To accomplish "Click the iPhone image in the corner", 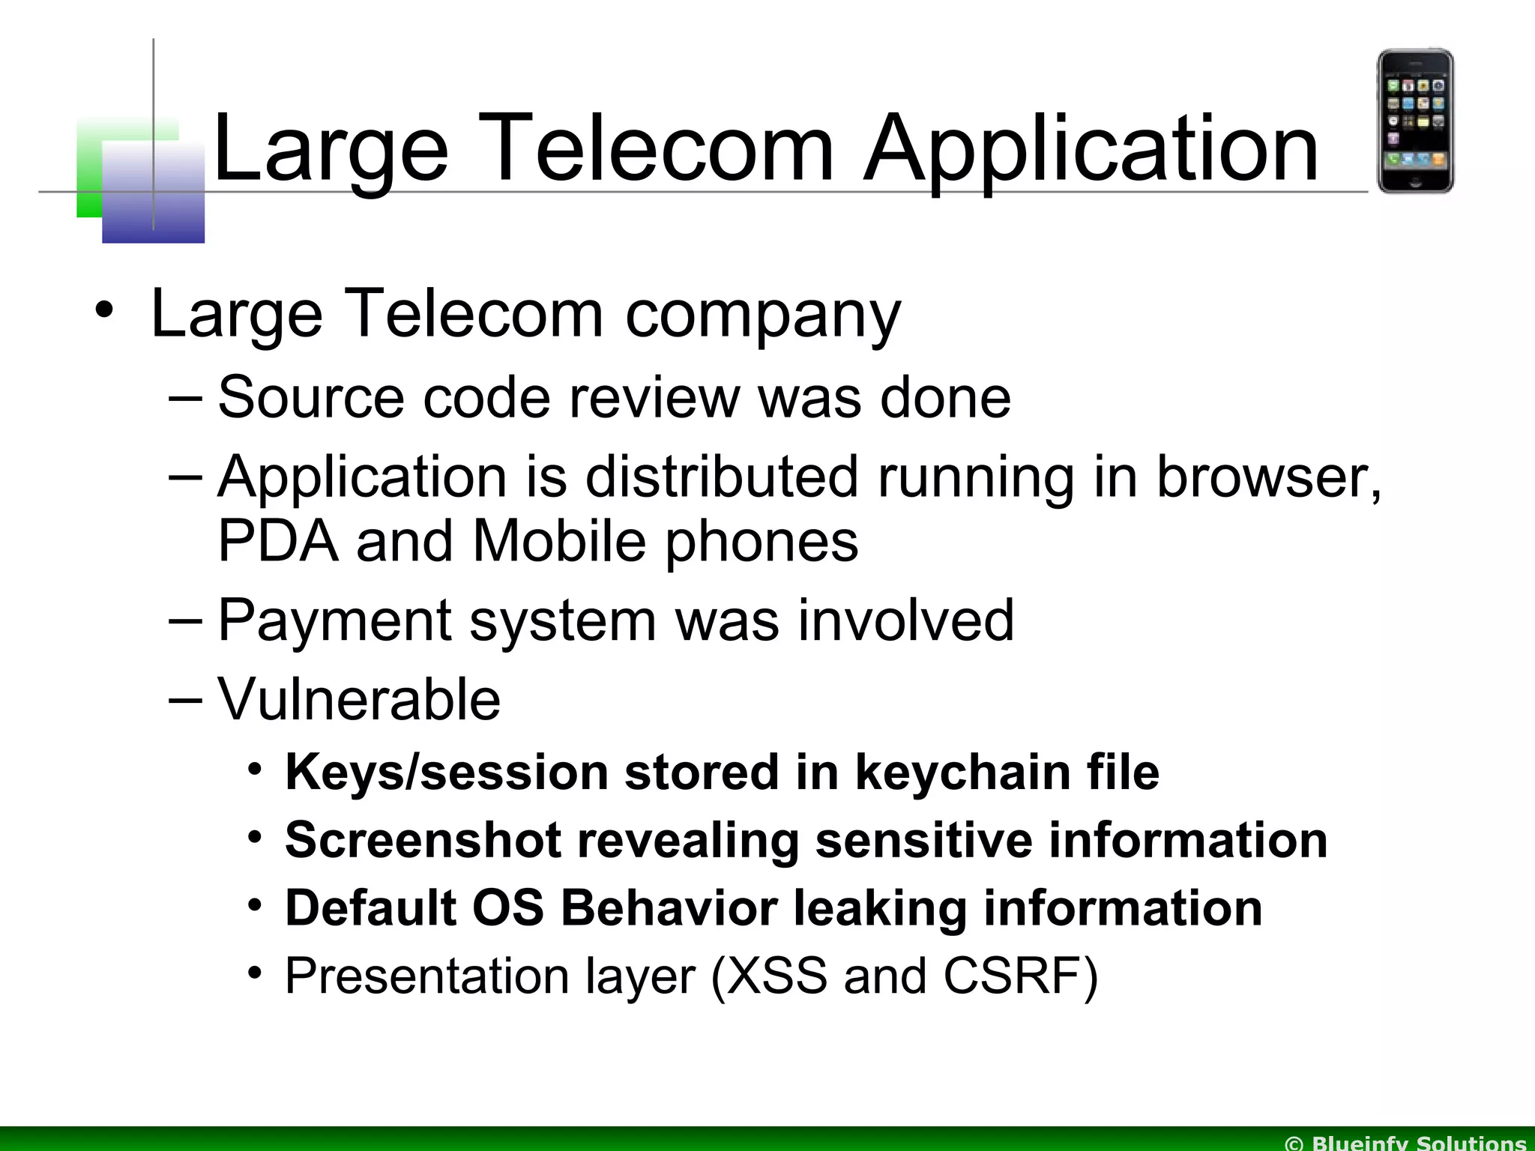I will tap(1415, 121).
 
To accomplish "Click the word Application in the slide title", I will tap(1091, 149).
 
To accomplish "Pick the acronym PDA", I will tap(277, 541).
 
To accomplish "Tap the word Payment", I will tap(334, 621).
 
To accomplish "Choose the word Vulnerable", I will tap(359, 699).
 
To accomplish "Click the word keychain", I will tap(962, 773).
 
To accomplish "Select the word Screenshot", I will tap(423, 841).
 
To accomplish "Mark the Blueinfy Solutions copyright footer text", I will tap(1405, 1143).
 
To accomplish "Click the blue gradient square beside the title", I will tap(153, 193).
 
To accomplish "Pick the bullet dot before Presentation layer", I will tap(256, 973).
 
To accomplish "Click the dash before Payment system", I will tap(185, 621).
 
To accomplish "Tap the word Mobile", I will tap(559, 541).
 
